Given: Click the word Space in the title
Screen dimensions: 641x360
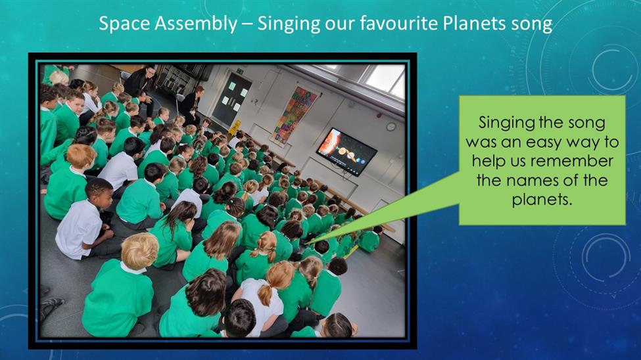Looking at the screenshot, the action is coord(124,24).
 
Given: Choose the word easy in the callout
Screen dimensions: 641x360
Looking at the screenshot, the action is coord(544,142).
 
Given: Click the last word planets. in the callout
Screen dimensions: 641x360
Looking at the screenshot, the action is coord(541,200).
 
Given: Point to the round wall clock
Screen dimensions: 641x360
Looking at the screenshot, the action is coord(391,127).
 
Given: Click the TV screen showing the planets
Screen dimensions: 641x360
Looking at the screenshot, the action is coord(346,152).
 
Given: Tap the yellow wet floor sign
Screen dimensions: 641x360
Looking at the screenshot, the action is coord(234,127).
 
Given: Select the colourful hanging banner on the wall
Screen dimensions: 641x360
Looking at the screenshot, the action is coord(295,115).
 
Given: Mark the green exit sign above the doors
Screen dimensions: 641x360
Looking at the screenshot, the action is coord(240,71).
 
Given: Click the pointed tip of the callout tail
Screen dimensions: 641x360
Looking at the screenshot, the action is coord(305,244).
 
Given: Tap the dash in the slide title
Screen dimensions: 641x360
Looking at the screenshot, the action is coord(247,24).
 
